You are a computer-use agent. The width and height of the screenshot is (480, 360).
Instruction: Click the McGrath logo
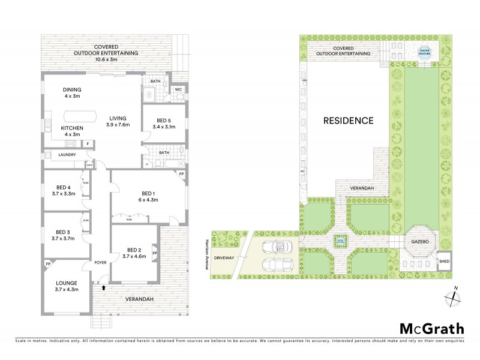click(x=432, y=328)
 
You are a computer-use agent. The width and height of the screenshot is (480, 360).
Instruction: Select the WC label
click(x=178, y=90)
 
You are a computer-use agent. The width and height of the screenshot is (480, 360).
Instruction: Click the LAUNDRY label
click(x=67, y=155)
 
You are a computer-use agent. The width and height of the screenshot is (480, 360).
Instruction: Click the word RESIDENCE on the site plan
click(x=349, y=120)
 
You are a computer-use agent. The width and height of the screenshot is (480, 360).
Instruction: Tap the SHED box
click(x=445, y=260)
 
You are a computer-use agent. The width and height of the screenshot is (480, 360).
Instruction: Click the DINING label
click(x=72, y=90)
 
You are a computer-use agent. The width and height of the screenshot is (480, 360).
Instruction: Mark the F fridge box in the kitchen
click(x=88, y=143)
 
